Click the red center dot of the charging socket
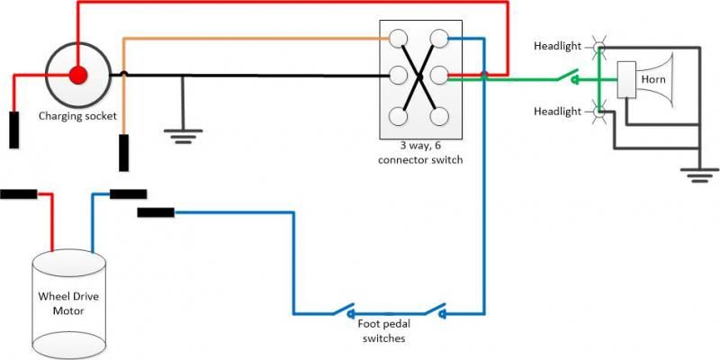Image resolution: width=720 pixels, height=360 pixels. (x=77, y=75)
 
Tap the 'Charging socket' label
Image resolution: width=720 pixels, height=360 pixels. (x=76, y=116)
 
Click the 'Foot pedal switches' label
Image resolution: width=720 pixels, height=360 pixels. (x=382, y=332)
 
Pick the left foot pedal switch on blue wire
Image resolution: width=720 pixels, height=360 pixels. (x=345, y=310)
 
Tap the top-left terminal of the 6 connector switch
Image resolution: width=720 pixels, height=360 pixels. (x=397, y=38)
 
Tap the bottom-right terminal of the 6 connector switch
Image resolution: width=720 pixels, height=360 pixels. (x=438, y=115)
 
